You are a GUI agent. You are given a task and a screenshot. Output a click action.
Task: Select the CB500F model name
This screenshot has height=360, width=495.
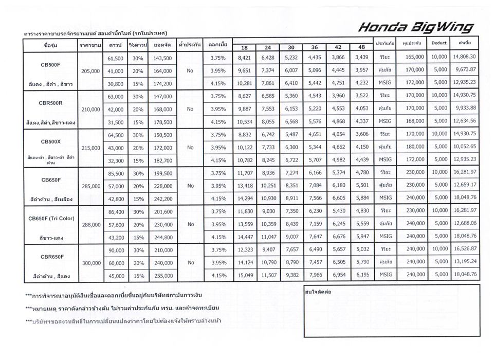50,65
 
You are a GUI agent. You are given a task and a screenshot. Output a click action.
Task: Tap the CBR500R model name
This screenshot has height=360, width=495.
51,103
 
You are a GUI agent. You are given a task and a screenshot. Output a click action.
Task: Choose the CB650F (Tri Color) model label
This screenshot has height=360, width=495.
51,218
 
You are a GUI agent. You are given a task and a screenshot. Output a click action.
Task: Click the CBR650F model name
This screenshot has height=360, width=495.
51,257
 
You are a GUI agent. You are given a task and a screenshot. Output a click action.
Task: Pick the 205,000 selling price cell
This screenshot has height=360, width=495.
90,71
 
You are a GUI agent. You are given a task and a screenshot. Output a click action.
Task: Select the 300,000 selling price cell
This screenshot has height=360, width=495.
90,263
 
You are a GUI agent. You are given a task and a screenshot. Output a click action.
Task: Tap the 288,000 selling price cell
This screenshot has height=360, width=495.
90,224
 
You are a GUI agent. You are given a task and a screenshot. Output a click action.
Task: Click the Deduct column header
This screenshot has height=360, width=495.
438,44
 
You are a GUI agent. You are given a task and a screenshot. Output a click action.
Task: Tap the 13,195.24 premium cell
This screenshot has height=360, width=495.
465,262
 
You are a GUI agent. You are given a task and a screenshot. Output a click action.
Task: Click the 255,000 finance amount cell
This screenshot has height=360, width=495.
163,276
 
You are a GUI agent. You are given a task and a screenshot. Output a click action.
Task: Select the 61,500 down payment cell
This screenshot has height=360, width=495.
116,59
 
